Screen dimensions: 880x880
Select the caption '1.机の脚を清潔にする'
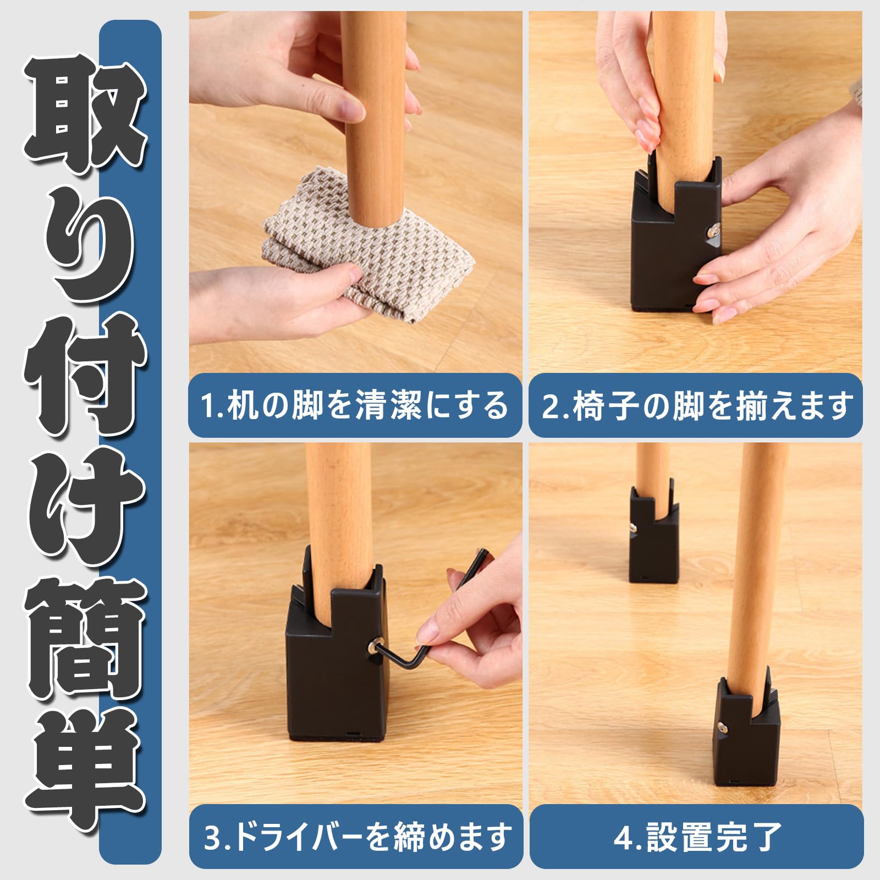point(355,405)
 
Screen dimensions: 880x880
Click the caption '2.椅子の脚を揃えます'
point(696,405)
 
